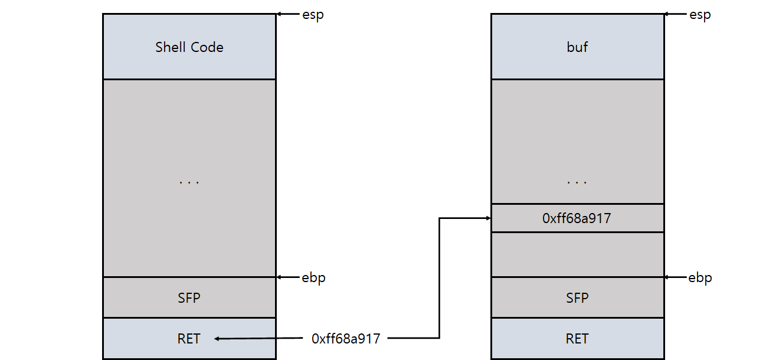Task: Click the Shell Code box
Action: click(189, 47)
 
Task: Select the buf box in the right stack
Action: click(577, 47)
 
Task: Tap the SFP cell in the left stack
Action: click(189, 297)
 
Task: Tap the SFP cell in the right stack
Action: click(577, 297)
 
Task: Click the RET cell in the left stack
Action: click(189, 339)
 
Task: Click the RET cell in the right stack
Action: click(577, 339)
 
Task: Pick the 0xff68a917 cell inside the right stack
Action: click(577, 218)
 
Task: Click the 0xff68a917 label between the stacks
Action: click(346, 339)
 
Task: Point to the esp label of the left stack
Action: click(313, 15)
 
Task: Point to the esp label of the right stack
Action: click(700, 15)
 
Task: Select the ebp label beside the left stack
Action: click(313, 277)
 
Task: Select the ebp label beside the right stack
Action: click(700, 277)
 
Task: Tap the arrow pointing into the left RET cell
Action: click(260, 339)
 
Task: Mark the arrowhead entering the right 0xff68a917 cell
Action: click(487, 218)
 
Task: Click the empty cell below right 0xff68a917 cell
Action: click(577, 254)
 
